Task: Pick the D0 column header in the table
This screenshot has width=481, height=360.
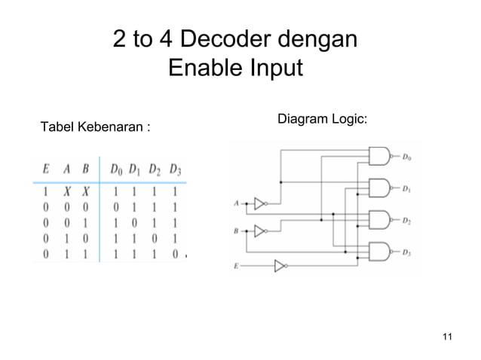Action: tap(117, 168)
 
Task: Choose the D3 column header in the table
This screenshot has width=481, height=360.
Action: tap(175, 168)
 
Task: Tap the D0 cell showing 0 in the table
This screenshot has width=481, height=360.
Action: tap(116, 206)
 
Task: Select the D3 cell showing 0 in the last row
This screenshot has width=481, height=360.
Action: tap(174, 255)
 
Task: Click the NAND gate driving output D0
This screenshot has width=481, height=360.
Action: tap(378, 156)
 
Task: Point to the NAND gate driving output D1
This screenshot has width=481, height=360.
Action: tap(378, 187)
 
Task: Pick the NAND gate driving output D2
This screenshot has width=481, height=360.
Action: tap(378, 219)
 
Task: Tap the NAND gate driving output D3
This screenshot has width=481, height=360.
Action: tap(378, 251)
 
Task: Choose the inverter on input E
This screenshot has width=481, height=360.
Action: tap(280, 265)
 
